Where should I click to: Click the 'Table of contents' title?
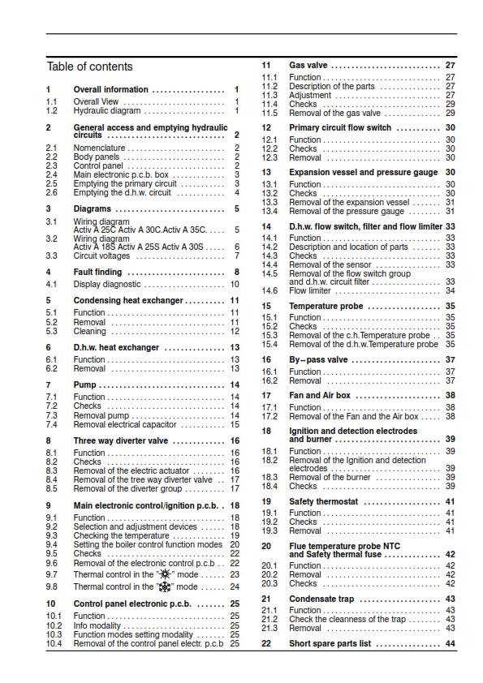[89, 67]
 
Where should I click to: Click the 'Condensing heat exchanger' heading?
[128, 300]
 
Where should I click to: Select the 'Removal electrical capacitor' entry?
[124, 424]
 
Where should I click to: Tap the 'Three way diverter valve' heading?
[121, 441]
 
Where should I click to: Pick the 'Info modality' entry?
[108, 626]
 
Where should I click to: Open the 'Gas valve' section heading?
[308, 65]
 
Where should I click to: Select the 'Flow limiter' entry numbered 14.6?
[310, 290]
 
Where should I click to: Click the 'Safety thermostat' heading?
[323, 502]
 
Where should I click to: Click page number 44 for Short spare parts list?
[450, 643]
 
